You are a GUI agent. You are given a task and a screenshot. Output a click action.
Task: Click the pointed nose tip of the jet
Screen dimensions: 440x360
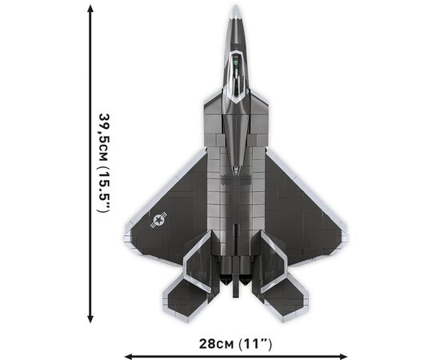(x=236, y=6)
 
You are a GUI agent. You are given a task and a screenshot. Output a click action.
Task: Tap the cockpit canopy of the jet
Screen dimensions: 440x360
(x=236, y=77)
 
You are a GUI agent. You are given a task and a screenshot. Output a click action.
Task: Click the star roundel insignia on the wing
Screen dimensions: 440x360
(x=159, y=220)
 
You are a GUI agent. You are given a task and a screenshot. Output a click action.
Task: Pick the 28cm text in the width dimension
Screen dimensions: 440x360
(x=216, y=344)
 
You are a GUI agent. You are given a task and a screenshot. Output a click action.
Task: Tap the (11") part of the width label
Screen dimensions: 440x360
(x=254, y=344)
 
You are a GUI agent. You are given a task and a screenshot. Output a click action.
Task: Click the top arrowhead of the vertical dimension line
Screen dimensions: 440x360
(x=90, y=9)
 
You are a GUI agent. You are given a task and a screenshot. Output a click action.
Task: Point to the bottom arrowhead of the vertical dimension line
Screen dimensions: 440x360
(x=90, y=319)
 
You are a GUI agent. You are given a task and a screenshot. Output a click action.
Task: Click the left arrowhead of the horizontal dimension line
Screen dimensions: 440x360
(x=128, y=357)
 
